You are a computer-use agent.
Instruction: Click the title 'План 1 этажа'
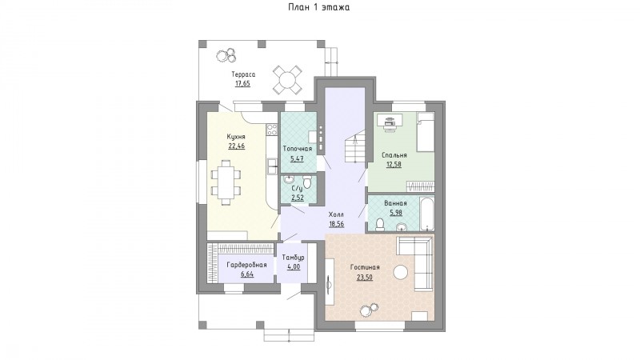point(318,7)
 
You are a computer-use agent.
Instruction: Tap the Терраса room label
point(243,74)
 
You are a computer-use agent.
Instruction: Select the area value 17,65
point(242,84)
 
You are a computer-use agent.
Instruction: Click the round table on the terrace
point(288,78)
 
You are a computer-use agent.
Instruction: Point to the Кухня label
point(236,136)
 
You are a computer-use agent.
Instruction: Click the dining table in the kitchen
point(226,182)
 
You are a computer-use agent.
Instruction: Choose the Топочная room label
point(298,149)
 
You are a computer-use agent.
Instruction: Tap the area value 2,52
point(297,198)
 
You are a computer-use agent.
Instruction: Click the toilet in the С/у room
point(307,182)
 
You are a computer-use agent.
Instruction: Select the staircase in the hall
point(354,146)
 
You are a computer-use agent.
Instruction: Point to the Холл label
point(336,214)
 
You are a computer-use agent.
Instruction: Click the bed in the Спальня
point(426,132)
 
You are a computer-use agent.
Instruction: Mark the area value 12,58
point(394,165)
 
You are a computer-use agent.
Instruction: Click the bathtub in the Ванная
point(427,214)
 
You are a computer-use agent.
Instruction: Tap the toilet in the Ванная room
point(380,224)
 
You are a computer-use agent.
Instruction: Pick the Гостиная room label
point(365,267)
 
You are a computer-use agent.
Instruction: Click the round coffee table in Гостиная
point(401,272)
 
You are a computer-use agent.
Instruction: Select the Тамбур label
point(294,258)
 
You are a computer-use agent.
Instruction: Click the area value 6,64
point(247,274)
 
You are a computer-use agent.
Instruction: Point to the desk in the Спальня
point(390,121)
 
